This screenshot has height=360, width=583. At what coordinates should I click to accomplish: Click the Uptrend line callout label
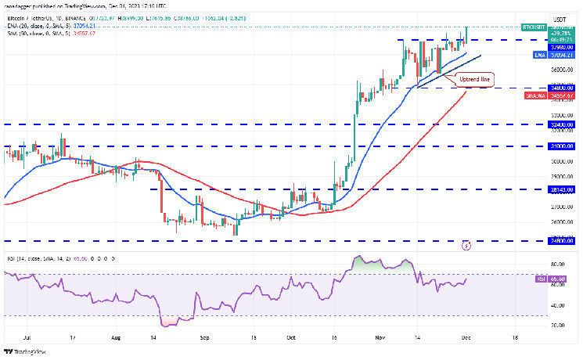click(x=475, y=80)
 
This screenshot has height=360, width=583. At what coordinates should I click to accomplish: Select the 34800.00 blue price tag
click(x=561, y=88)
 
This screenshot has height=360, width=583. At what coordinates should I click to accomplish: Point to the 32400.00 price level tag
click(x=561, y=124)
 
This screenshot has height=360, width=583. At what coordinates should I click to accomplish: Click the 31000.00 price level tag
click(x=561, y=146)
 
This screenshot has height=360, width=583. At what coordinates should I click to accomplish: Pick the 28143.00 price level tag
click(x=561, y=189)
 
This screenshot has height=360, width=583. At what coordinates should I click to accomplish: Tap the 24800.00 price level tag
click(x=561, y=241)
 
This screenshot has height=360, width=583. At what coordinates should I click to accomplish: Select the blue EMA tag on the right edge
click(x=540, y=55)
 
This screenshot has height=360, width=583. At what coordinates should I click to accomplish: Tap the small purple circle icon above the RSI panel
click(x=467, y=245)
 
